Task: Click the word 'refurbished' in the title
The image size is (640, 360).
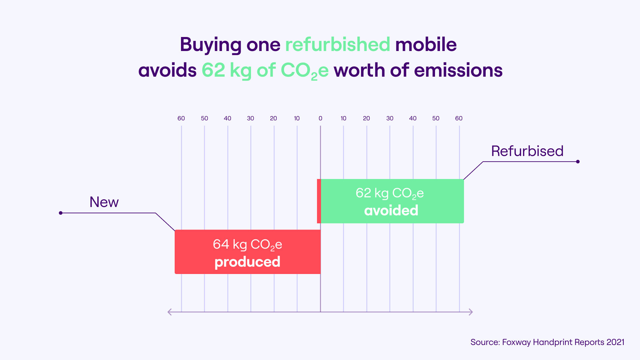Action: click(x=337, y=44)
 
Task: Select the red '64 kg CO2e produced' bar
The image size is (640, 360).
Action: click(x=247, y=252)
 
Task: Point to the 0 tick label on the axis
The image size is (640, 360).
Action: click(x=320, y=118)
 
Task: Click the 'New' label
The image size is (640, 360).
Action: click(x=104, y=202)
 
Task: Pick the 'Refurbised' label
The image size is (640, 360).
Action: click(x=527, y=151)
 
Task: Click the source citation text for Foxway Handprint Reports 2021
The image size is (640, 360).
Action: click(x=547, y=342)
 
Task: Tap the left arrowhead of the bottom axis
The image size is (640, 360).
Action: click(x=170, y=312)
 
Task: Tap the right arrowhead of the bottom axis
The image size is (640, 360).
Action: click(x=471, y=312)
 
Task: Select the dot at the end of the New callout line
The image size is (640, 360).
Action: click(x=61, y=213)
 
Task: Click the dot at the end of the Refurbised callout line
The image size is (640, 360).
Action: click(x=578, y=162)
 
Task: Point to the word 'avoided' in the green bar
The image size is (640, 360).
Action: click(x=391, y=211)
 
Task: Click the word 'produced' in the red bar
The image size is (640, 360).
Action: click(x=247, y=262)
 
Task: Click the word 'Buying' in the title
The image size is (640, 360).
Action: click(x=211, y=45)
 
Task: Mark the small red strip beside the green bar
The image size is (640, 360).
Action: click(x=319, y=201)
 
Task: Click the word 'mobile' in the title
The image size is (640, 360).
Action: click(x=426, y=44)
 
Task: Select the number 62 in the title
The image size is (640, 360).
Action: click(x=213, y=70)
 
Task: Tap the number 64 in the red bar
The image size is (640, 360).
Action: click(x=221, y=244)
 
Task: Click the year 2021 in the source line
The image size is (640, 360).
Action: click(x=615, y=342)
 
